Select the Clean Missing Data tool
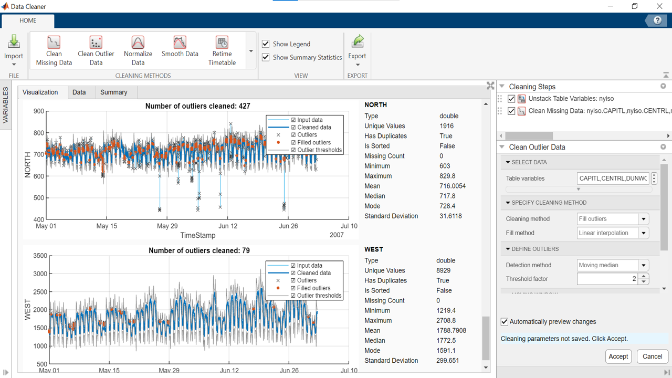pyautogui.click(x=54, y=50)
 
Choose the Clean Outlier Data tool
pyautogui.click(x=96, y=50)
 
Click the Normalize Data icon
pyautogui.click(x=138, y=50)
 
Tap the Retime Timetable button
pyautogui.click(x=222, y=50)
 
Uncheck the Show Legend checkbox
pyautogui.click(x=266, y=44)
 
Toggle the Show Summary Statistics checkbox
pyautogui.click(x=266, y=57)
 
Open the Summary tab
pyautogui.click(x=113, y=92)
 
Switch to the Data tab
pyautogui.click(x=79, y=92)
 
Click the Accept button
pyautogui.click(x=618, y=356)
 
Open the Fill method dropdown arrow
pyautogui.click(x=644, y=233)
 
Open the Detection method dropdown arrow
pyautogui.click(x=644, y=266)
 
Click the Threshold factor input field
pyautogui.click(x=607, y=279)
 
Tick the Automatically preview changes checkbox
pyautogui.click(x=505, y=322)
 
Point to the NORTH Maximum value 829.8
pyautogui.click(x=447, y=176)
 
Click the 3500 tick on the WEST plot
pyautogui.click(x=40, y=256)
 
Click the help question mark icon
pyautogui.click(x=657, y=20)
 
